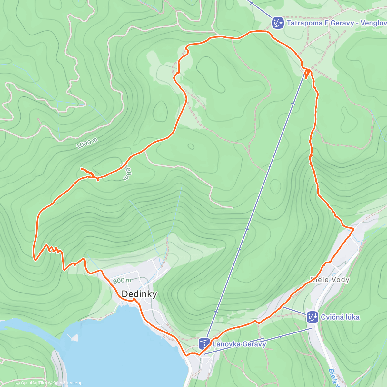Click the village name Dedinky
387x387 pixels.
[x=139, y=294]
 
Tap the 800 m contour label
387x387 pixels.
[x=122, y=281]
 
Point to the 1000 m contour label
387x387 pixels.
[x=87, y=143]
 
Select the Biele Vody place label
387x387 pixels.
[x=330, y=280]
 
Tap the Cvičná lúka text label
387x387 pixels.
[x=340, y=317]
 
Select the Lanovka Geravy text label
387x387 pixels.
[x=239, y=344]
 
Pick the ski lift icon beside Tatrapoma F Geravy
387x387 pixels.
[x=277, y=23]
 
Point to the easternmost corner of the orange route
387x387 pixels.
[x=353, y=229]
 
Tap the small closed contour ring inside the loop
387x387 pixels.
[x=191, y=147]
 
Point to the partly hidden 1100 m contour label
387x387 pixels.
[x=127, y=171]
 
